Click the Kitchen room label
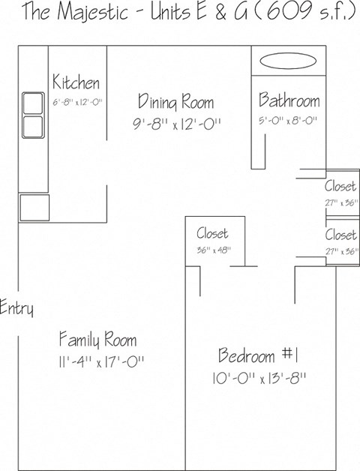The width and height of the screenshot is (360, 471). [76, 82]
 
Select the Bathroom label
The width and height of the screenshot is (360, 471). [289, 100]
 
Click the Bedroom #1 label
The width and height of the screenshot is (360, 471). [259, 355]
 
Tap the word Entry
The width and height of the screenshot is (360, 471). [16, 307]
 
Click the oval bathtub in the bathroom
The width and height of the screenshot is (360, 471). [289, 61]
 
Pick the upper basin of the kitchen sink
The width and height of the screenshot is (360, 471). [32, 103]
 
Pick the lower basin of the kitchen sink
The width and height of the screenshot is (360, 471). [32, 124]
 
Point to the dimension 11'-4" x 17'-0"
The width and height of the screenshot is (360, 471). [97, 361]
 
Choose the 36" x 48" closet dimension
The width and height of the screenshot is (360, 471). [214, 250]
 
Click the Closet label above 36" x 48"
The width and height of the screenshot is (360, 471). [212, 234]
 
